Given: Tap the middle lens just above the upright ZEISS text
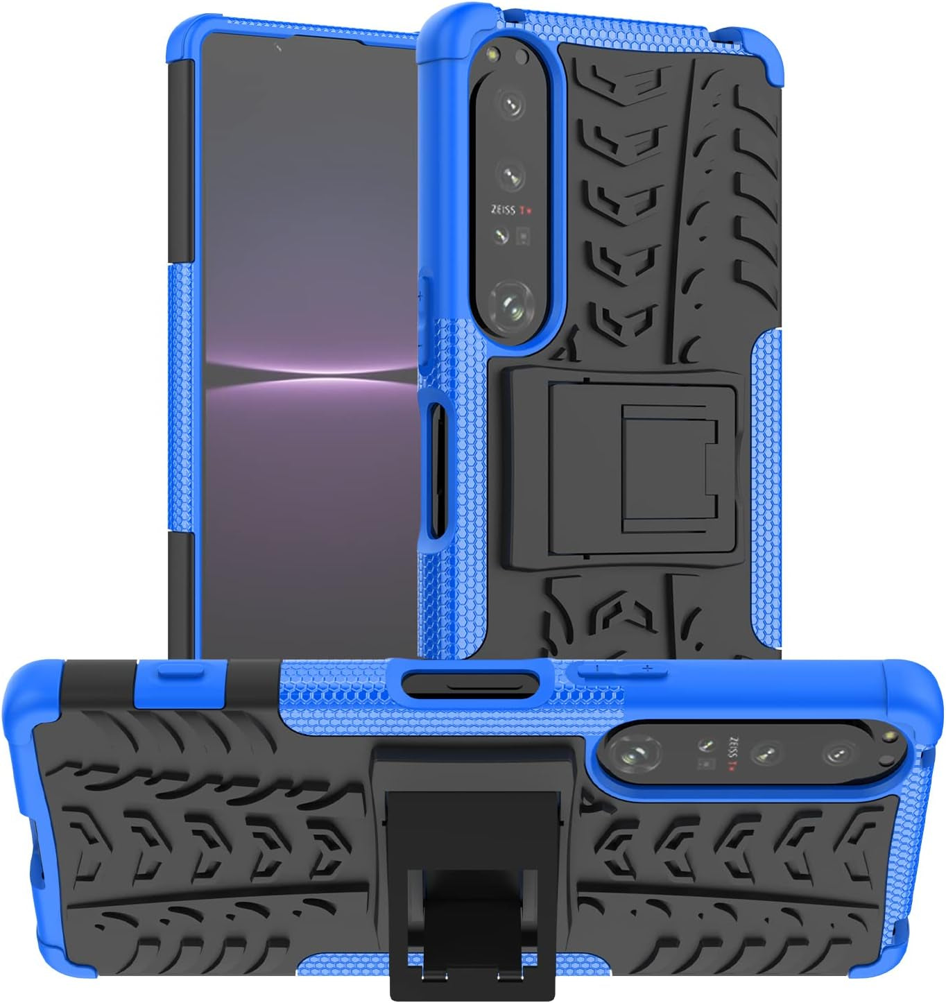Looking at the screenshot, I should pyautogui.click(x=513, y=174).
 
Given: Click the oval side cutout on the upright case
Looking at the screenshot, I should pyautogui.click(x=436, y=472).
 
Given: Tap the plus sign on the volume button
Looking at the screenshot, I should pyautogui.click(x=647, y=668).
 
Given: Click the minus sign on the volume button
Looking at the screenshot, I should pyautogui.click(x=595, y=668).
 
